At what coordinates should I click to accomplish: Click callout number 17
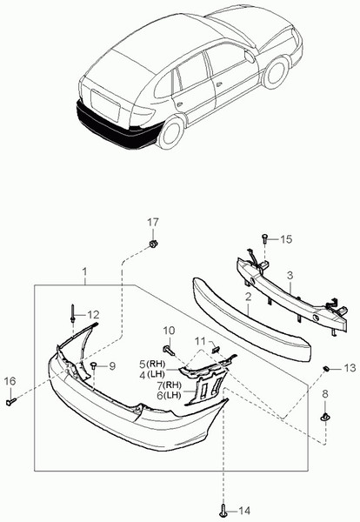click(152, 223)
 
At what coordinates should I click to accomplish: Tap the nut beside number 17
click(152, 244)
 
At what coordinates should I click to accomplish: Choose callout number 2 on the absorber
click(248, 298)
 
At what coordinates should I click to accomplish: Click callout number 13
click(349, 369)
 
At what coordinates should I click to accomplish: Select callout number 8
click(325, 394)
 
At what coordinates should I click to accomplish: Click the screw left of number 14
click(223, 510)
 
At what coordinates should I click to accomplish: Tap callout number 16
click(10, 380)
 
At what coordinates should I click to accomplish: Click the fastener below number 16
click(11, 402)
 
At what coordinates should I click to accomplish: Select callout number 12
click(93, 314)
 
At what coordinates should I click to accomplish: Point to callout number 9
click(110, 365)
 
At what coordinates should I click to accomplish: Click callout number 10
click(169, 330)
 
